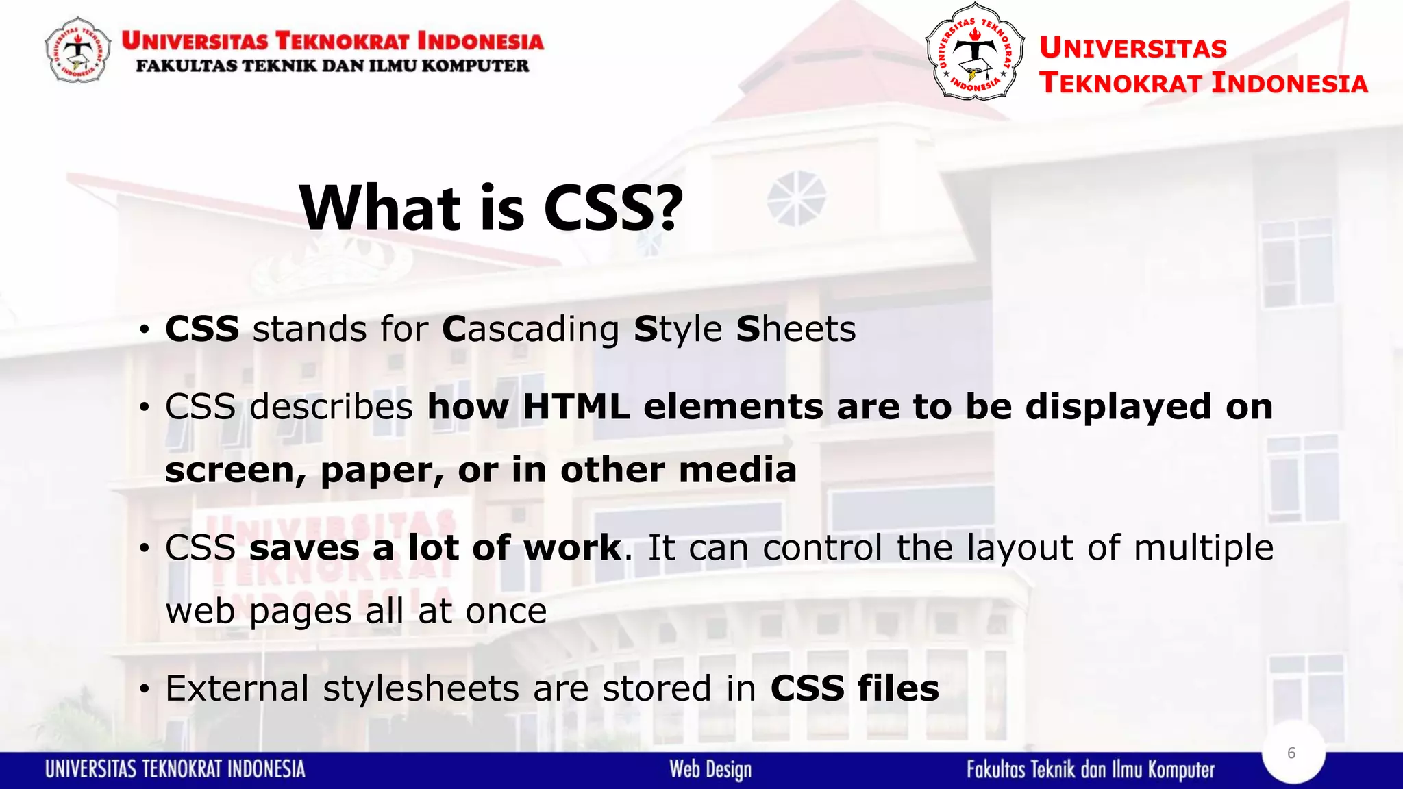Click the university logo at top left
click(77, 50)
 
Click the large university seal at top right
click(975, 52)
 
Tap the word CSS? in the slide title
click(613, 208)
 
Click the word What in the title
click(380, 208)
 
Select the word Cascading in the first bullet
click(531, 329)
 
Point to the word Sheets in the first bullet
click(796, 329)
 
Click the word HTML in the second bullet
click(575, 407)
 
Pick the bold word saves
click(304, 548)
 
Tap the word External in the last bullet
click(237, 688)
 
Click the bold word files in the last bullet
click(898, 688)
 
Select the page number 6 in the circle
click(1291, 753)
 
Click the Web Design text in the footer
click(710, 770)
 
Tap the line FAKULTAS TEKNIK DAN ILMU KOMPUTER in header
click(332, 66)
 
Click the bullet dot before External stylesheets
click(144, 690)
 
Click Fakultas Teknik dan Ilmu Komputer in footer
click(1091, 770)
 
